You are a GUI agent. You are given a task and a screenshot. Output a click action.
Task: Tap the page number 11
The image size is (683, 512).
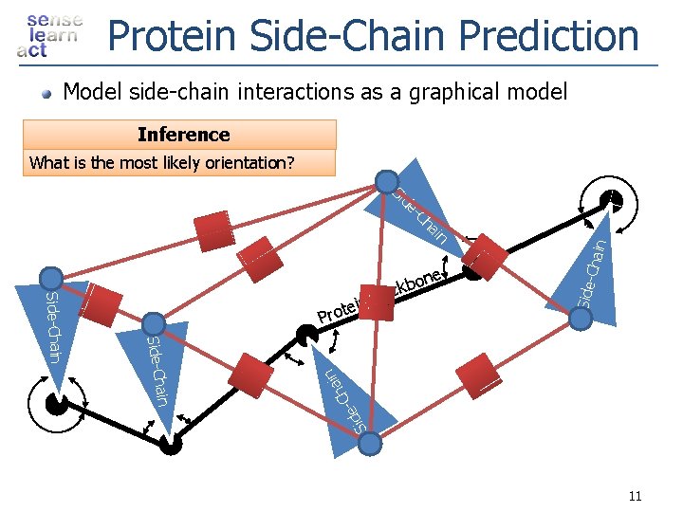coord(635,496)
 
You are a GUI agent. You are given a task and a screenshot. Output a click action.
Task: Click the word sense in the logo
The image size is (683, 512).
coord(54,20)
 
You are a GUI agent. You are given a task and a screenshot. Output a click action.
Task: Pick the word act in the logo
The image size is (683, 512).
coord(31,51)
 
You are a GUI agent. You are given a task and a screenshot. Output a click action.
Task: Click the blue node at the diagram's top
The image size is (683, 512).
coord(386,181)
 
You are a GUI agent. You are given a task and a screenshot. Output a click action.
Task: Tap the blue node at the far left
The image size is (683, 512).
coord(49,278)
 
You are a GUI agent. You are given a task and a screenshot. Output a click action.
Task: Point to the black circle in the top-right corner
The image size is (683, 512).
coord(612,200)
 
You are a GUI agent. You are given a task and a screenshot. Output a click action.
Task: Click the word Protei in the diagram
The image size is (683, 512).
coord(338,310)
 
